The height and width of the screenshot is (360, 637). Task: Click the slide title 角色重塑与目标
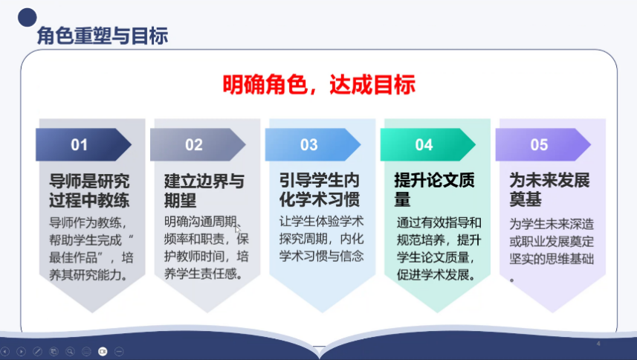[x=103, y=36]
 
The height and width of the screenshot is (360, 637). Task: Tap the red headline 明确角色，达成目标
[x=319, y=85]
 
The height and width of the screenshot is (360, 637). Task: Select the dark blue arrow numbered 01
[x=84, y=144]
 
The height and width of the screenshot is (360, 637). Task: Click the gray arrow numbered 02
[x=198, y=144]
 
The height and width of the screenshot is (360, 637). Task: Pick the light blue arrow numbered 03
[x=313, y=144]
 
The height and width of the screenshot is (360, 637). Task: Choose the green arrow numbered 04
[x=428, y=144]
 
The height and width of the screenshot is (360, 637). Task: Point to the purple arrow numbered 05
[x=543, y=144]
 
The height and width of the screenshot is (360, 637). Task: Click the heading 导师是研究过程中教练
[x=89, y=190]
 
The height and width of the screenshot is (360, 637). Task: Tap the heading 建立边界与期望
[x=204, y=190]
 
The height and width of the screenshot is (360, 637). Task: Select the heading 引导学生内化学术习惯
[x=320, y=190]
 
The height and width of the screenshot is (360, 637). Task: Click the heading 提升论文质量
[x=434, y=190]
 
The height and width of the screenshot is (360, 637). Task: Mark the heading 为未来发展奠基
[x=549, y=190]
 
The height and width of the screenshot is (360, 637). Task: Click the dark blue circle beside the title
[x=28, y=17]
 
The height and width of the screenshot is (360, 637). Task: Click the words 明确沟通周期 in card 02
[x=200, y=222]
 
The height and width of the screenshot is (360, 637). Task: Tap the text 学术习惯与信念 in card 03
[x=321, y=256]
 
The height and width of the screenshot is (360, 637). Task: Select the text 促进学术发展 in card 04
[x=433, y=275]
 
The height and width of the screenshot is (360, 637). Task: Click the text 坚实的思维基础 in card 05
[x=552, y=259]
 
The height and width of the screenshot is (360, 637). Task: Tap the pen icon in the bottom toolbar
[x=37, y=352]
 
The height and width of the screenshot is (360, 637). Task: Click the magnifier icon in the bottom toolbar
[x=71, y=352]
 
